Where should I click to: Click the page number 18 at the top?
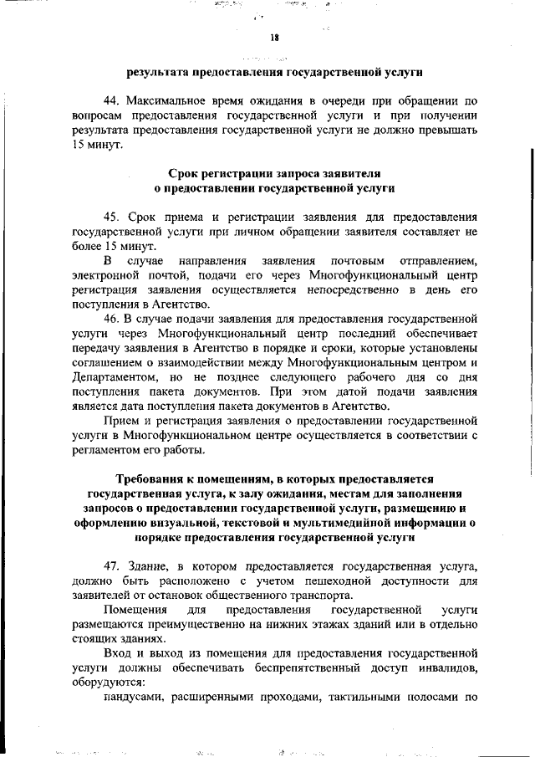tap(273, 37)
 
